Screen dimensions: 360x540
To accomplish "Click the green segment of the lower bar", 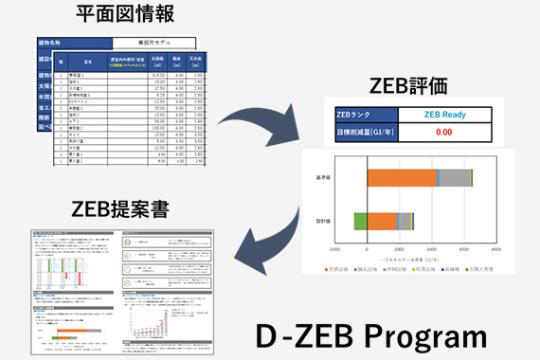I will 360,221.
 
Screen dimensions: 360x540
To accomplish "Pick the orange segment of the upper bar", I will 402,176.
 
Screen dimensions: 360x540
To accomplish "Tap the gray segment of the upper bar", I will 453,176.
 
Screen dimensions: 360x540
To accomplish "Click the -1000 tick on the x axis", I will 334,250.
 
